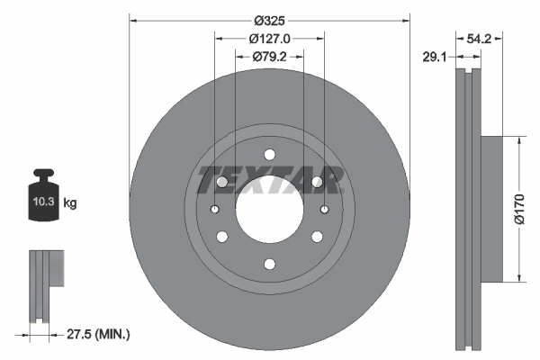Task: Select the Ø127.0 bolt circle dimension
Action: pos(268,39)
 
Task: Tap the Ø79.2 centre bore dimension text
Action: pos(268,58)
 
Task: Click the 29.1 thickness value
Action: pos(434,56)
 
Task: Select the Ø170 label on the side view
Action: pos(518,208)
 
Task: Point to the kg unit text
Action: pos(70,203)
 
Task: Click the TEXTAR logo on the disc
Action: pos(269,180)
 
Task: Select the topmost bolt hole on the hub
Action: pos(269,152)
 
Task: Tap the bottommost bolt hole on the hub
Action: pos(269,264)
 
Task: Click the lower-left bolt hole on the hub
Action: pos(221,237)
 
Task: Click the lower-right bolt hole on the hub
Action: pos(317,237)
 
